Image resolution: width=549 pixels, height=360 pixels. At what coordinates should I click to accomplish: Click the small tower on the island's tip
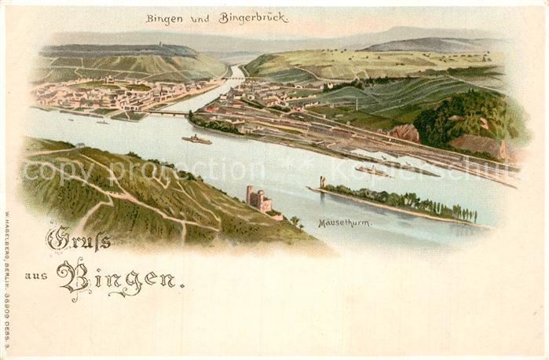(322, 182)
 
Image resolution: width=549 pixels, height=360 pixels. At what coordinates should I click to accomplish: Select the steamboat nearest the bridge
(196, 140)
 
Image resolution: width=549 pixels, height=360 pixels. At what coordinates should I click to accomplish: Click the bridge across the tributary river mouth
(167, 113)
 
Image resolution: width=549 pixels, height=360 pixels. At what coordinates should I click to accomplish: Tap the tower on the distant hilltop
(163, 44)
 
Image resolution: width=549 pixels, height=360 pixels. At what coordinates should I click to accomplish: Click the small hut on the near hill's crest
(80, 145)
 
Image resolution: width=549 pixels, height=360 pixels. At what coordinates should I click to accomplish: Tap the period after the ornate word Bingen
(182, 286)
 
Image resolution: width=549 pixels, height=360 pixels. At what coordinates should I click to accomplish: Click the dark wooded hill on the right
(463, 118)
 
